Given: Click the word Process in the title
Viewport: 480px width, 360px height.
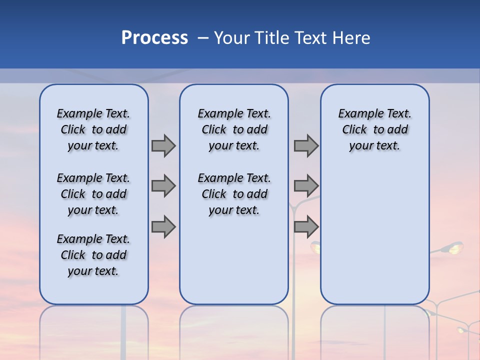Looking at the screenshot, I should (x=154, y=38).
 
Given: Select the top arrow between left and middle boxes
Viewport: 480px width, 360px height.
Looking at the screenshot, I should (x=163, y=146).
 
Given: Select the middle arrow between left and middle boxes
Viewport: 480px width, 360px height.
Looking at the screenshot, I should (x=163, y=186).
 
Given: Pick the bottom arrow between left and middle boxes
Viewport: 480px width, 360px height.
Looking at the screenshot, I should (x=163, y=226).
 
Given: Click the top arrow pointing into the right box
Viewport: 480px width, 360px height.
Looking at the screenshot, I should (x=306, y=146).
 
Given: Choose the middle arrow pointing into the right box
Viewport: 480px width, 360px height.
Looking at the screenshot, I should (x=306, y=186).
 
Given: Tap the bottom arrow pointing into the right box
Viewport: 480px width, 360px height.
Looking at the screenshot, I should (x=306, y=226).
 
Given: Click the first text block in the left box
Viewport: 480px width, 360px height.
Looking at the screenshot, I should (x=93, y=129).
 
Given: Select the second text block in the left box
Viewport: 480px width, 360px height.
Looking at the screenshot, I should (x=93, y=194).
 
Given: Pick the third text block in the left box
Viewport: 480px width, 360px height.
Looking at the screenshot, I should (x=93, y=255).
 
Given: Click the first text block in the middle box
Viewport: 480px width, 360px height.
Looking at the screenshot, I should (x=234, y=129).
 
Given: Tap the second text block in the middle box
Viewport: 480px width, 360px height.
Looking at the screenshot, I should (x=234, y=194).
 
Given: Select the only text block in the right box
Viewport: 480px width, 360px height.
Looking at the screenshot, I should (x=374, y=129).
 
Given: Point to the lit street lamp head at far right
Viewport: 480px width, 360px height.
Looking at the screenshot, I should (x=454, y=247).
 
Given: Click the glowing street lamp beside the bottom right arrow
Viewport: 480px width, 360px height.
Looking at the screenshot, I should (x=315, y=246).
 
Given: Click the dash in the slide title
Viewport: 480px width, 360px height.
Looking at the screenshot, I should (x=203, y=38).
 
